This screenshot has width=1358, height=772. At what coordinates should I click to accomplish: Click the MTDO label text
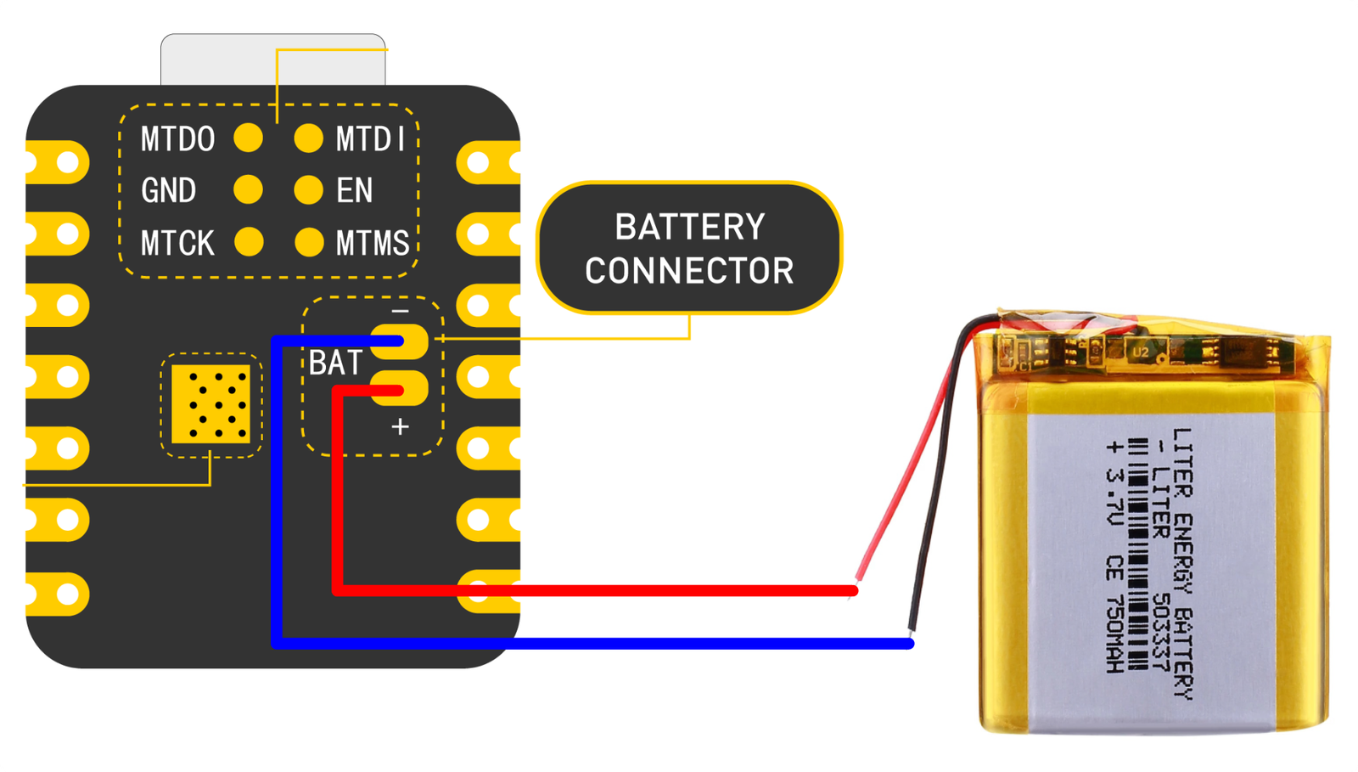pos(177,139)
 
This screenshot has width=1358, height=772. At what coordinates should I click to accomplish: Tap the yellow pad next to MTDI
pos(308,138)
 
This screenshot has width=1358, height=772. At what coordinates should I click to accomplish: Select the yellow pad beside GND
pos(248,189)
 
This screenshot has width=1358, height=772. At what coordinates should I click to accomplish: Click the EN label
pos(354,190)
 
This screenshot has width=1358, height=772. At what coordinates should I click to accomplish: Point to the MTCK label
pos(177,244)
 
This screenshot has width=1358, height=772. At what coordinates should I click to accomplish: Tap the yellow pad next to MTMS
pos(308,242)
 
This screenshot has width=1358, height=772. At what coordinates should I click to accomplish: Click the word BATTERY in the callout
pos(689,228)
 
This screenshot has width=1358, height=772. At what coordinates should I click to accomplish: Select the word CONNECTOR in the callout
pos(689,272)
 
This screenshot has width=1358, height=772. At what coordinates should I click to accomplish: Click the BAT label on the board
pos(335,363)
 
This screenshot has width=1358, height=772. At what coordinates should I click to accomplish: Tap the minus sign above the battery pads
pos(400,312)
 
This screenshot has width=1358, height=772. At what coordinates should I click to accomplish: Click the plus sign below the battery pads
pos(400,426)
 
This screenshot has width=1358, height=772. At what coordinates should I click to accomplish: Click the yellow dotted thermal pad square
pos(210,404)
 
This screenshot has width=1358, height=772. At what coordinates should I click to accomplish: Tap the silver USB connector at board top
pos(272,59)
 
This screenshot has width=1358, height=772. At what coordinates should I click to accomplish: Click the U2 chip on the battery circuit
pos(1140,352)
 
